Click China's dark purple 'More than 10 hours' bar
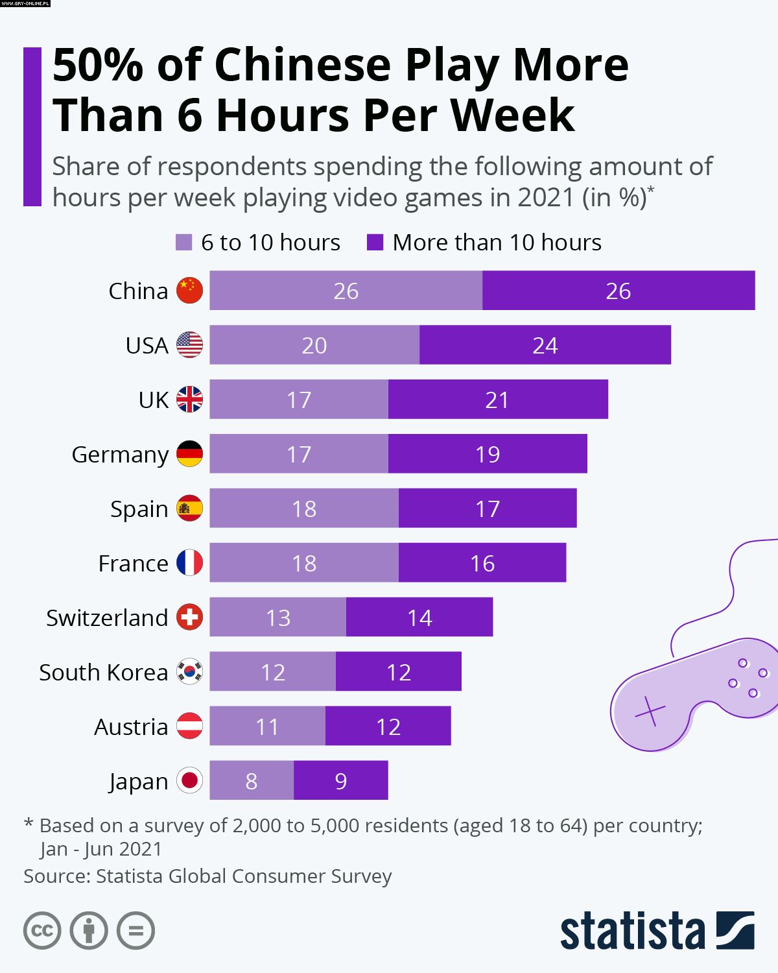point(619,291)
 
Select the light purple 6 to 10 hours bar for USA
point(314,345)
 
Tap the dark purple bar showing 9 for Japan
point(341,781)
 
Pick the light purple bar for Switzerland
point(278,618)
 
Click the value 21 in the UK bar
point(497,400)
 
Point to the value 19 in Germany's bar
point(488,455)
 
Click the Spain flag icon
point(190,509)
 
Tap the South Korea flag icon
point(190,672)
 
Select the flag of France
point(190,563)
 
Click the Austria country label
point(131,727)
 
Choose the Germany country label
point(120,455)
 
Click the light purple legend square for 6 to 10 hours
point(184,243)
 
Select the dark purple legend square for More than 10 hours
point(375,243)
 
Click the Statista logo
point(657,931)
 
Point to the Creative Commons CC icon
point(42,931)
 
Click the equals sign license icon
point(136,931)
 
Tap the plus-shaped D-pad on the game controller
point(650,711)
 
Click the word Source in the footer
point(54,876)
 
